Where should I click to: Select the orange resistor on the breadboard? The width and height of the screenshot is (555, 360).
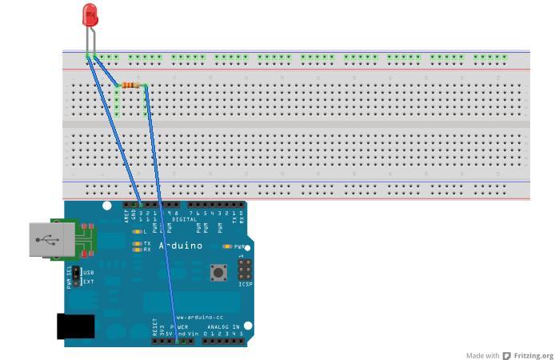tap(132, 85)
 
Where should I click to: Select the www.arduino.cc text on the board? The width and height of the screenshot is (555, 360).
tap(200, 317)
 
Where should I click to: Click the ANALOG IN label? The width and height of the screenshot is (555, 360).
tap(223, 326)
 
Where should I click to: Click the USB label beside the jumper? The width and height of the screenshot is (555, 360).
tap(89, 273)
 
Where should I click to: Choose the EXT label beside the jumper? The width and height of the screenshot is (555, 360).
tap(89, 282)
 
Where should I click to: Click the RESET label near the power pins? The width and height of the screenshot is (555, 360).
tap(154, 327)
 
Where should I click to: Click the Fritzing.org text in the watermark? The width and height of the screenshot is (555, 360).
tap(533, 356)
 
